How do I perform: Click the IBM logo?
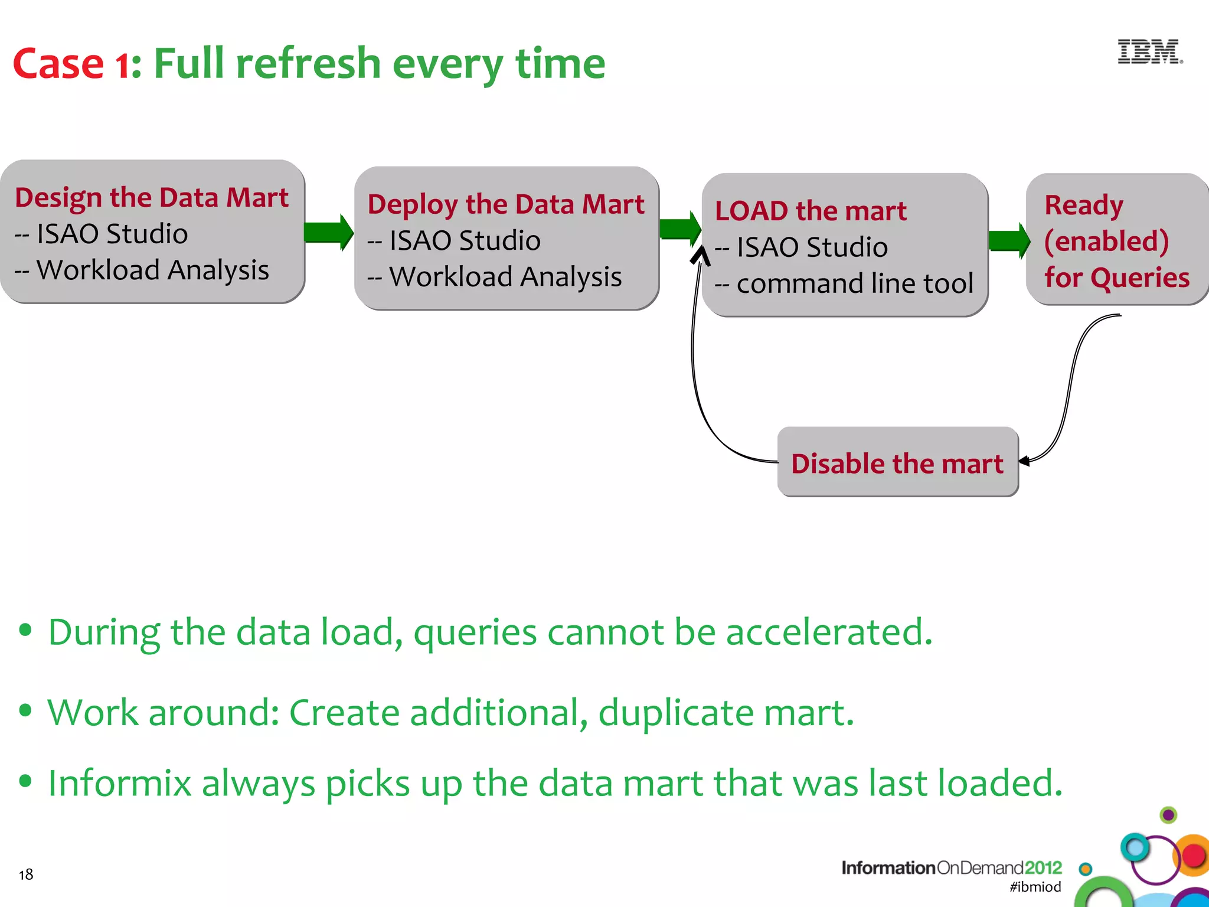(1149, 52)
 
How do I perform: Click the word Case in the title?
(58, 64)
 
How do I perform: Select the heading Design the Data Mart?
(152, 197)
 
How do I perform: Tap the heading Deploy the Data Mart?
(506, 204)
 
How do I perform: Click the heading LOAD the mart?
(811, 211)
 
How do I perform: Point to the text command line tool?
(855, 283)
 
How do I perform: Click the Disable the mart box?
(897, 463)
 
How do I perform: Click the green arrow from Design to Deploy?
(329, 232)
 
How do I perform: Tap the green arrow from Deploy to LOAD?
(680, 228)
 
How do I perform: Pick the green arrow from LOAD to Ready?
(1009, 240)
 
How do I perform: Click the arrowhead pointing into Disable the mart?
(1025, 461)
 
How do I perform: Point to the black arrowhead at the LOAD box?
(701, 255)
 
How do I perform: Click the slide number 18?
(26, 875)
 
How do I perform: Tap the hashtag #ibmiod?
(1035, 886)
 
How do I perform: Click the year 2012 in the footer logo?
(1043, 867)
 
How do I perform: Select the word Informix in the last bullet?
(120, 783)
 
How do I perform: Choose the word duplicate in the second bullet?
(676, 713)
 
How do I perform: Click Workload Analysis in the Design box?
(152, 270)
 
